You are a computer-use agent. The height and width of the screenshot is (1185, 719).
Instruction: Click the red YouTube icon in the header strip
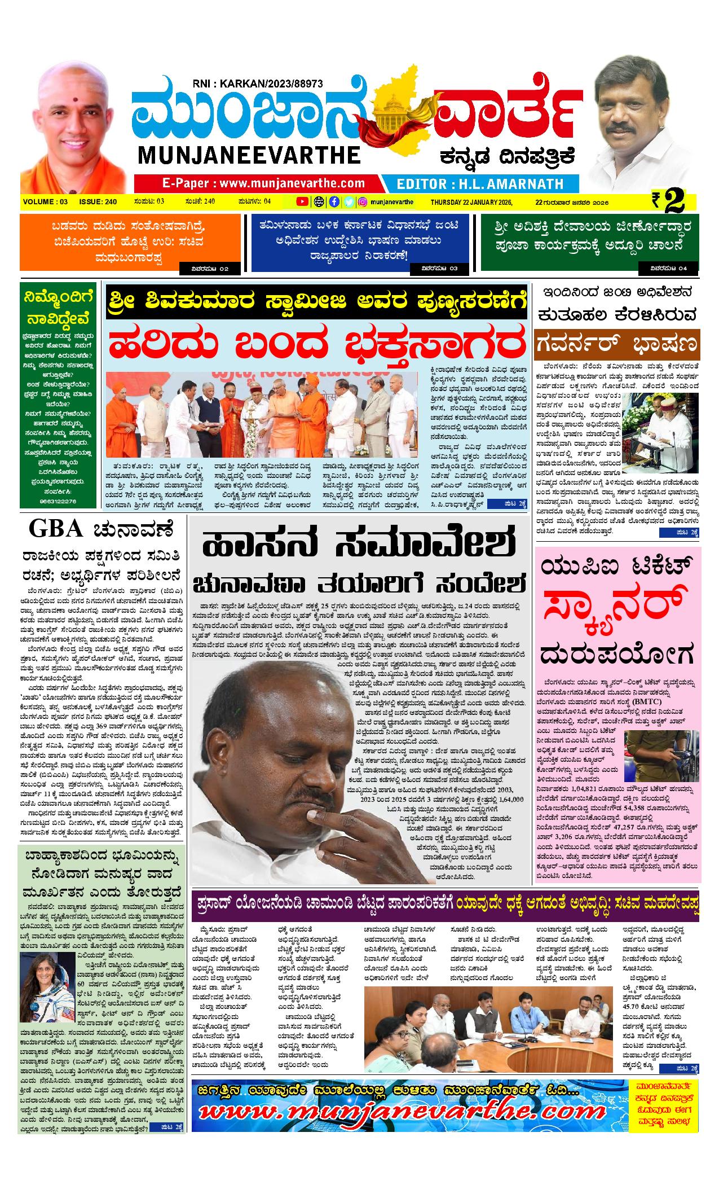click(x=303, y=201)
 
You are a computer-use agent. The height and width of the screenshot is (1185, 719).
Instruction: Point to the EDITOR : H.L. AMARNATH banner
click(x=480, y=183)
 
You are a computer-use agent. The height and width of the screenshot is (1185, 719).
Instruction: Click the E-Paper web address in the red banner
click(x=263, y=183)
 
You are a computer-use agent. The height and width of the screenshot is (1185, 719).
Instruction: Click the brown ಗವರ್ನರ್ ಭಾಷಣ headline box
click(x=617, y=343)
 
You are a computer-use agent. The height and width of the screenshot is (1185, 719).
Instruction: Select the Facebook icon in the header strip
click(x=334, y=201)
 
